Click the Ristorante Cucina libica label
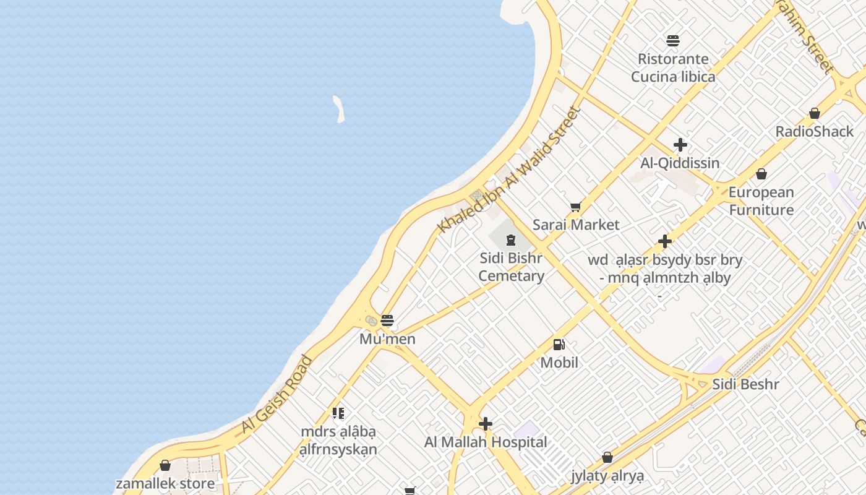point(673,68)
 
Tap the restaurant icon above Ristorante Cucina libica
point(673,41)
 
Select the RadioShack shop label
point(814,131)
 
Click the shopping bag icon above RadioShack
point(815,113)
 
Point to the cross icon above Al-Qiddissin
point(680,145)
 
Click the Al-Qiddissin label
point(680,163)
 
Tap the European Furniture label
point(761,201)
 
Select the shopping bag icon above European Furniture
point(761,174)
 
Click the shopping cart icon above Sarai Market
point(575,207)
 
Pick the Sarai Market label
point(575,225)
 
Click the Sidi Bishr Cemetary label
point(511,267)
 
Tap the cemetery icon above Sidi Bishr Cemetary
point(511,239)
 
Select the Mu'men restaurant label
point(387,339)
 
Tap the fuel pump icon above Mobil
point(559,345)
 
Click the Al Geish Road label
point(277,394)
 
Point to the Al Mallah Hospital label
point(486,442)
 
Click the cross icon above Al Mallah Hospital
point(486,424)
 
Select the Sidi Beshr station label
point(745,384)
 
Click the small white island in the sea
point(338,108)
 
